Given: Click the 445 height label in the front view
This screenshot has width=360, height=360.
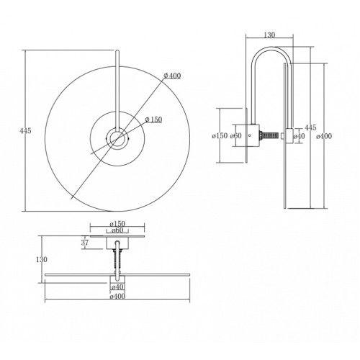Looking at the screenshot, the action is click(x=26, y=131).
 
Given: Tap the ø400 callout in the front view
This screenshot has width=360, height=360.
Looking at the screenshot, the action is click(x=172, y=76).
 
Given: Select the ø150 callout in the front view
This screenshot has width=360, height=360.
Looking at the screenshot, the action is click(x=153, y=120).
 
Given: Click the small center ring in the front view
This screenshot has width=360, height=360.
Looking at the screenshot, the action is click(x=117, y=139).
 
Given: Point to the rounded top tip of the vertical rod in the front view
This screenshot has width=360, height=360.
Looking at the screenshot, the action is click(x=117, y=50).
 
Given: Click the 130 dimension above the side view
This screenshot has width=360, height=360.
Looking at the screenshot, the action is click(x=269, y=35).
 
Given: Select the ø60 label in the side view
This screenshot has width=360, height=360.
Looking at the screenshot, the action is click(x=235, y=136).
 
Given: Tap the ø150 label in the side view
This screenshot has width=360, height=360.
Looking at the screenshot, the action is click(x=220, y=136).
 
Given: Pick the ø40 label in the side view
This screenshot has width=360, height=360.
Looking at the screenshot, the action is click(x=299, y=136).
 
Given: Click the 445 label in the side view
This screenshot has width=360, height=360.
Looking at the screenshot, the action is click(x=310, y=127).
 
